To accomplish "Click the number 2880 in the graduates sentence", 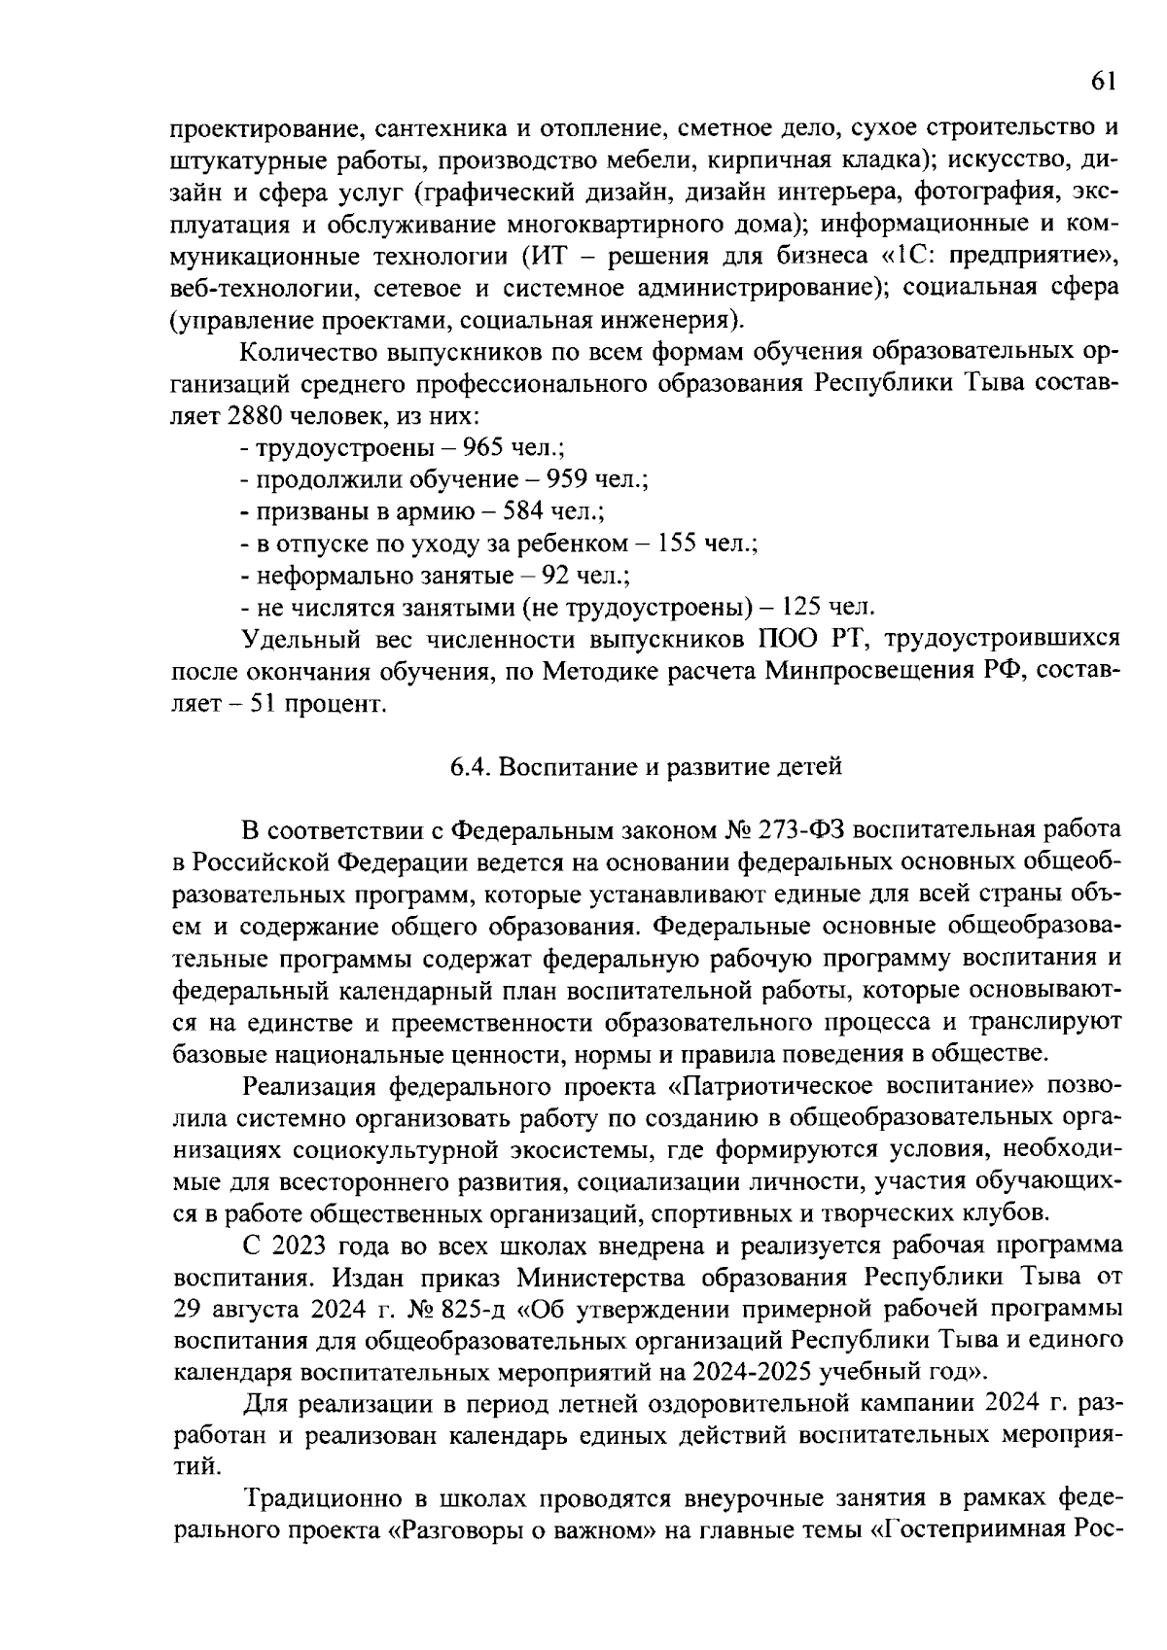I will pos(254,415).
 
